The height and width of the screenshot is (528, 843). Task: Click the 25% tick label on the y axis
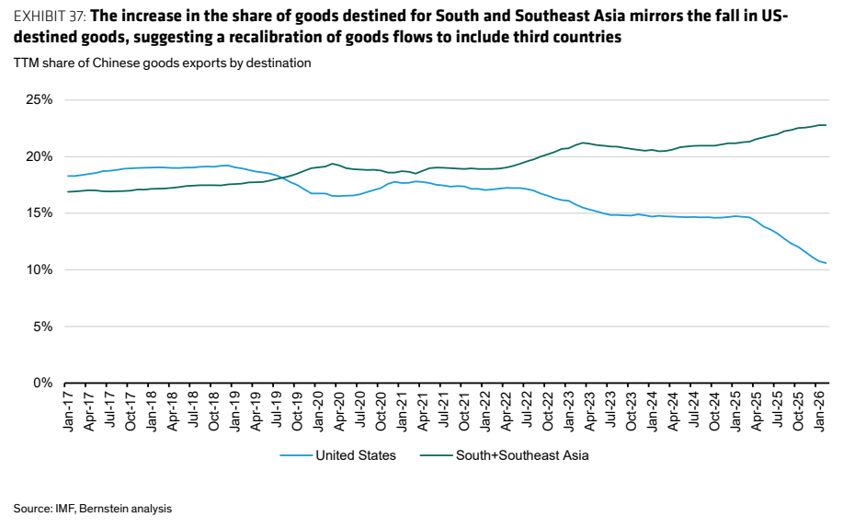pos(40,100)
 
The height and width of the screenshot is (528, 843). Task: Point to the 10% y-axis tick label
pos(40,270)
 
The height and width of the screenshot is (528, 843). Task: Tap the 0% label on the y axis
pos(42,384)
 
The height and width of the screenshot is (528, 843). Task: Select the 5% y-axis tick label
pos(42,327)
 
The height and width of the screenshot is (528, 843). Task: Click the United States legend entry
pos(338,455)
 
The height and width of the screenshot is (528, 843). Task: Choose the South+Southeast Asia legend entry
pos(505,455)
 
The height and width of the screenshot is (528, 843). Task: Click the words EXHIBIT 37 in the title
pos(50,17)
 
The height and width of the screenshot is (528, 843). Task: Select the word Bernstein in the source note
pos(103,509)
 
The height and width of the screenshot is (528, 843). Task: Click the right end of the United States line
pos(826,263)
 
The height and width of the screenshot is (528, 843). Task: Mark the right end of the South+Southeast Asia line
pos(826,125)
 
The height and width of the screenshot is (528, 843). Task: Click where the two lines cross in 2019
pos(281,178)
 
